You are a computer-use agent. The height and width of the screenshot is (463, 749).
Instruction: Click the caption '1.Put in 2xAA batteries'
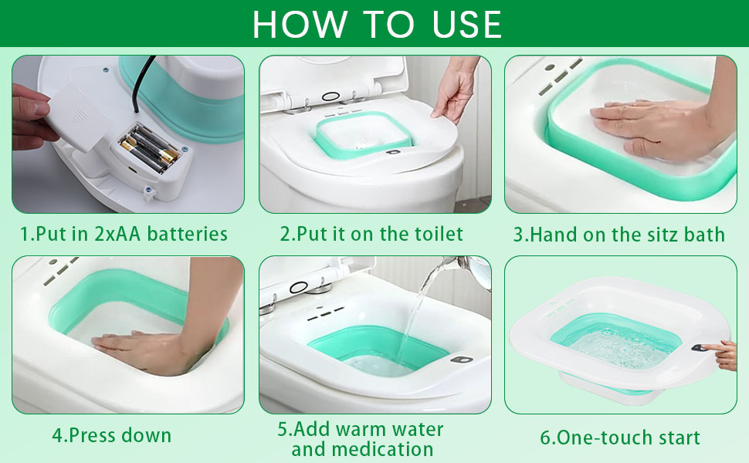pyautogui.click(x=124, y=234)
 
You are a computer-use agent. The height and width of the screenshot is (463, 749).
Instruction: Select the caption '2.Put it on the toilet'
pyautogui.click(x=372, y=234)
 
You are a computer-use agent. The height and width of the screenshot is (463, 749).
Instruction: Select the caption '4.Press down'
pyautogui.click(x=112, y=434)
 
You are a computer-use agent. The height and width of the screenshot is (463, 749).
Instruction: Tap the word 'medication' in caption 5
pyautogui.click(x=362, y=449)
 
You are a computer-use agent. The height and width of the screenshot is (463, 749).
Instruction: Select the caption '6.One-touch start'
pyautogui.click(x=620, y=438)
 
